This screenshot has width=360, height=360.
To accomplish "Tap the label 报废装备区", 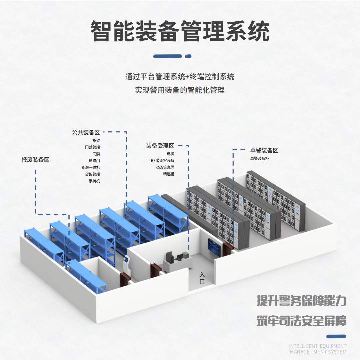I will click(35, 160).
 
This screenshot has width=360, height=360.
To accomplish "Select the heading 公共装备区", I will click(86, 132).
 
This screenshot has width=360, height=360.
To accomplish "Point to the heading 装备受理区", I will click(160, 146).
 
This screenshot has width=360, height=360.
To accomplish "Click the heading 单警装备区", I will click(264, 150).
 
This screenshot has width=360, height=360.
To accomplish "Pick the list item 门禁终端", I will click(92, 147).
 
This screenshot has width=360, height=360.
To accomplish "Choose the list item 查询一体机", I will click(90, 167).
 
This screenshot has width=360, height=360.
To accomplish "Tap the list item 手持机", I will click(94, 181).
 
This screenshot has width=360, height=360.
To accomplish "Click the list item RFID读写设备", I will click(162, 160).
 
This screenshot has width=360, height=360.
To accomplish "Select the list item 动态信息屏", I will click(165, 167).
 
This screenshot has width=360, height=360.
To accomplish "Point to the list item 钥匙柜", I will click(168, 174).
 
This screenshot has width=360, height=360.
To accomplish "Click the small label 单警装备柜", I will click(259, 158).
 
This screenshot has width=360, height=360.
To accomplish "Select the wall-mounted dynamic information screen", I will click(214, 247).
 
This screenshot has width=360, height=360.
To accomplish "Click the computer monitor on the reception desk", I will click(169, 256).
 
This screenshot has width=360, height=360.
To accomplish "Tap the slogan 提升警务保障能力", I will click(301, 300).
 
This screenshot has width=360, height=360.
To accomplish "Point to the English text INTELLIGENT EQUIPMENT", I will click(317, 346).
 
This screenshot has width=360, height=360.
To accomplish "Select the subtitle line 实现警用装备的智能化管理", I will click(180, 90).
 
